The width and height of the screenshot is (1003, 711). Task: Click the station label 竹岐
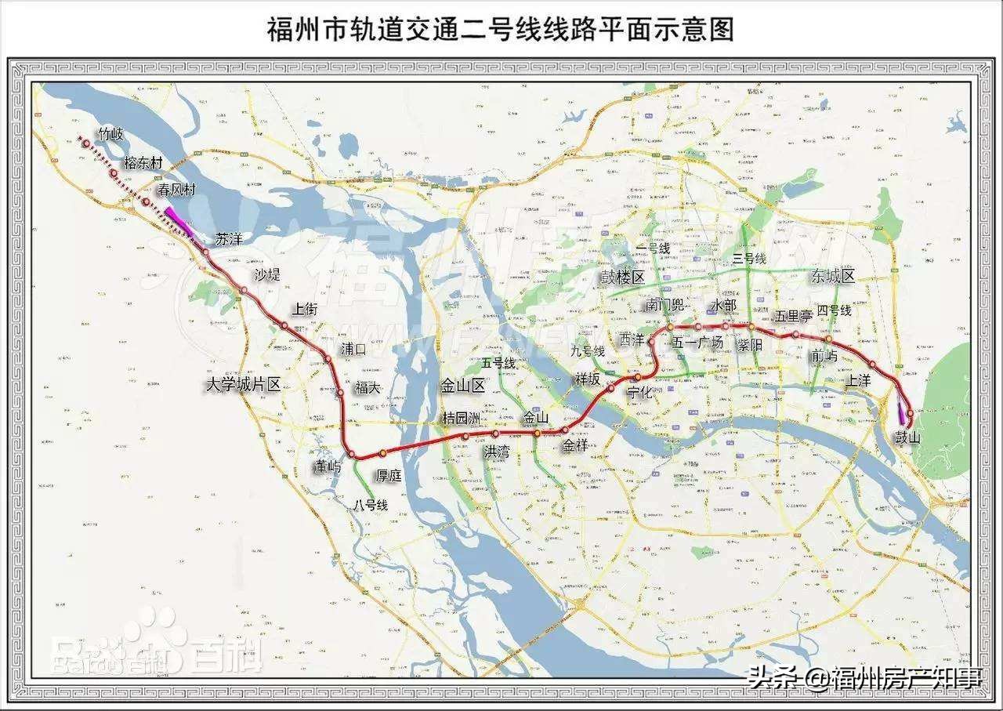coord(106,134)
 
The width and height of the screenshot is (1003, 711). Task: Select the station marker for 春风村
coord(147,201)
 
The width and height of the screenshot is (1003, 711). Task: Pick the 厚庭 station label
coord(389,474)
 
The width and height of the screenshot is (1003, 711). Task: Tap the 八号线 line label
coord(371,506)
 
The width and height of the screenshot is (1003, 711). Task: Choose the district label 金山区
coord(464,386)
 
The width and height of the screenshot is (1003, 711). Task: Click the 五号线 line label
coord(499,363)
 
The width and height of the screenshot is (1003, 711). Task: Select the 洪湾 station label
coord(496,452)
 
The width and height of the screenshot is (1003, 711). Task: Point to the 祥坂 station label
coord(588,379)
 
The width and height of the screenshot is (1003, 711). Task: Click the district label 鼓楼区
coord(623,278)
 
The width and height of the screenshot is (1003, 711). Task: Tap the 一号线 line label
coord(653,248)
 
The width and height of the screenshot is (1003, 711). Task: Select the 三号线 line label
coord(749,259)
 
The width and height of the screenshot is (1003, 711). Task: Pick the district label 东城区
coord(833,275)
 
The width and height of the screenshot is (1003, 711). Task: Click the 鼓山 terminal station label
coord(909,437)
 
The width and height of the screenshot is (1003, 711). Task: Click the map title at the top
coord(501,30)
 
